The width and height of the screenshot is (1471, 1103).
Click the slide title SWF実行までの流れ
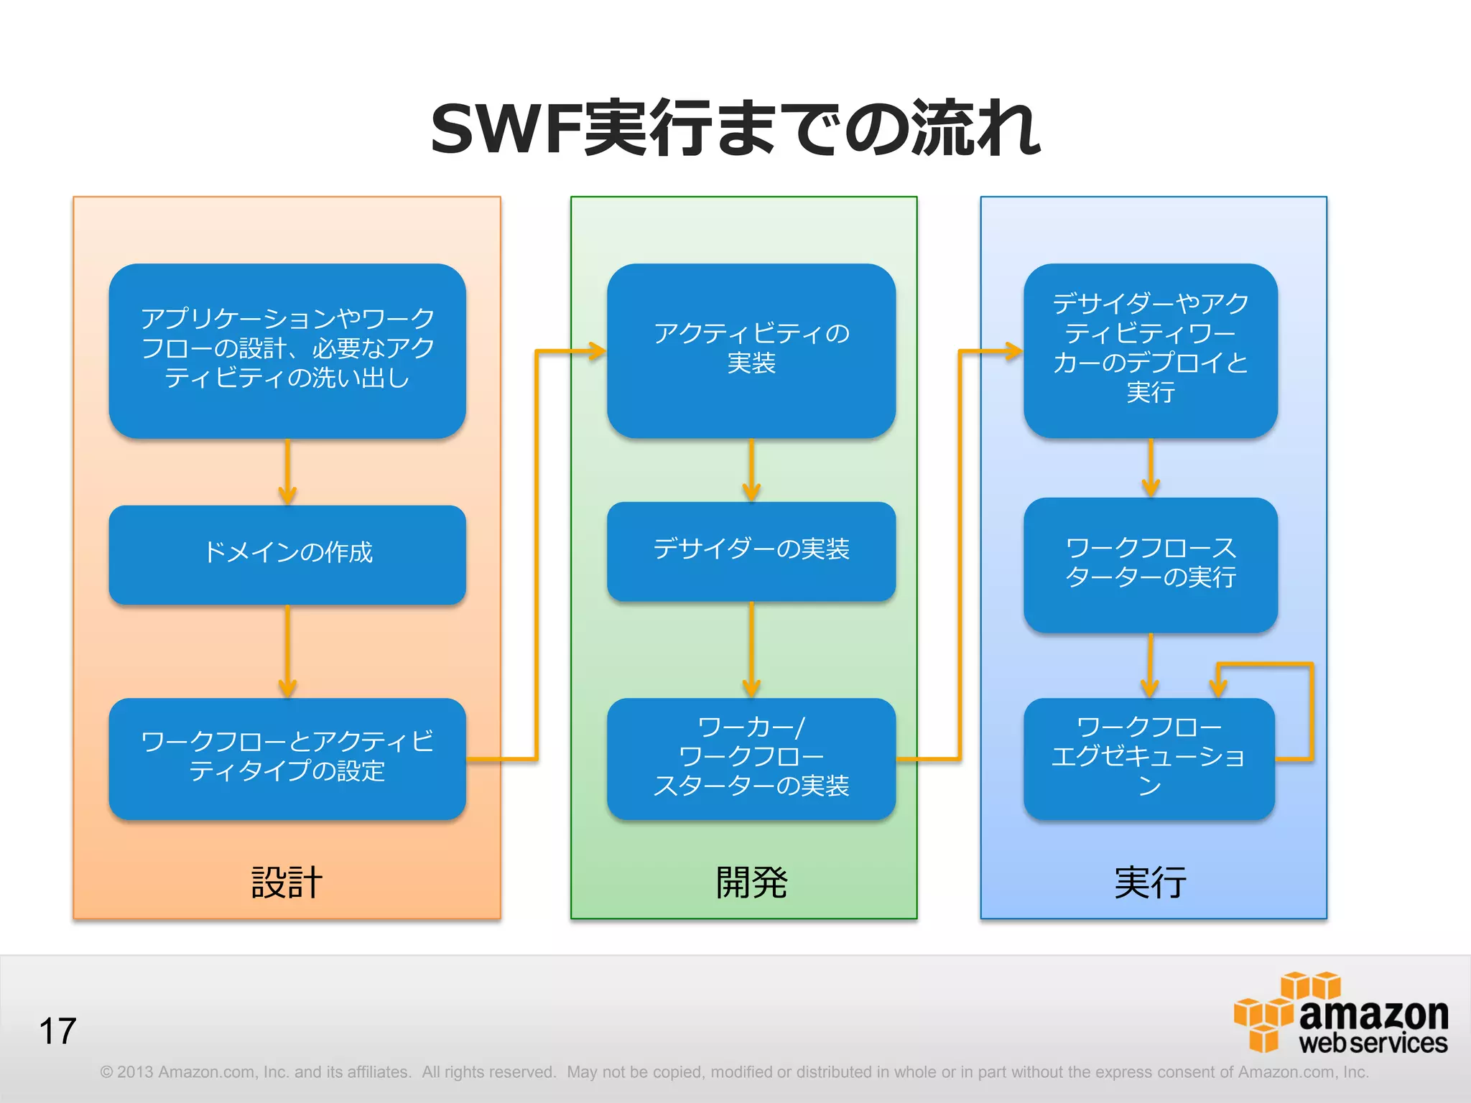735,129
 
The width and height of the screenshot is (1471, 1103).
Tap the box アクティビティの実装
751,350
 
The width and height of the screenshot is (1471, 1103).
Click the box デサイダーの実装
751,551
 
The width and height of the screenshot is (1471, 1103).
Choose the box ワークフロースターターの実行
1150,564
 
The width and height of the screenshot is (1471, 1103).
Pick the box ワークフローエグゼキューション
1149,758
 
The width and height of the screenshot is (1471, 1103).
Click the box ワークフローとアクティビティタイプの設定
287,758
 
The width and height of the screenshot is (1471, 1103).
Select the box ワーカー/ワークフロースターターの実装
751,758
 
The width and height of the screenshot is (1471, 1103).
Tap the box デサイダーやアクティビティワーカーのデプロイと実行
1150,350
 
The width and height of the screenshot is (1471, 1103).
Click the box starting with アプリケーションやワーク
287,350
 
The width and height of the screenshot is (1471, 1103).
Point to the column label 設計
287,883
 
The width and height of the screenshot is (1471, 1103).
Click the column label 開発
751,883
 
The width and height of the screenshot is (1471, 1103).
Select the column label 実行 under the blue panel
1150,883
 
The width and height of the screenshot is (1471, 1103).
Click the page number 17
57,1031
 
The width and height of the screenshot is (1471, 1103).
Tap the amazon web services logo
1340,1013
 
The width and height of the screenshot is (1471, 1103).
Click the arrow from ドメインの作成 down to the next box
287,651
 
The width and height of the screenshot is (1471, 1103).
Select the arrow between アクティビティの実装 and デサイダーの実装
751,470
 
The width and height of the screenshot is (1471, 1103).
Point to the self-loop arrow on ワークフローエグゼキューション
1311,711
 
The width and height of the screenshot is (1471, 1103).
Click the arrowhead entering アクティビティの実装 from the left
596,351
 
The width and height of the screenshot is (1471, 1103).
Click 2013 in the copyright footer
135,1072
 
